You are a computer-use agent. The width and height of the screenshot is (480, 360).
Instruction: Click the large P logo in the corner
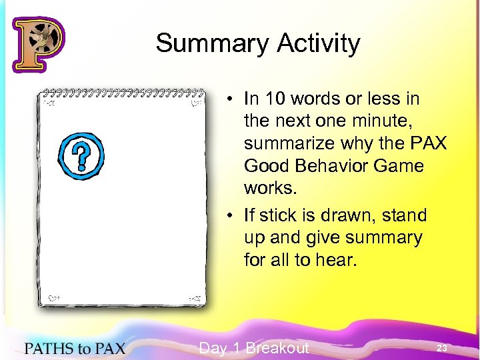38,44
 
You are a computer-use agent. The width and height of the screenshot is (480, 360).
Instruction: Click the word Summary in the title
202,44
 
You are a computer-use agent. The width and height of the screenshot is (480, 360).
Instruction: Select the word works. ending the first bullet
269,187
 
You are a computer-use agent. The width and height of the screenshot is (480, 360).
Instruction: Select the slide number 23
441,348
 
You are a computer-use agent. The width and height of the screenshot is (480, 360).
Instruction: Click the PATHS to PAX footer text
74,347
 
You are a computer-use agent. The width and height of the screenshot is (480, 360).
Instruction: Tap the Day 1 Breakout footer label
253,348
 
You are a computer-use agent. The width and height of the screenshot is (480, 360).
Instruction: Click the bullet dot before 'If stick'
228,215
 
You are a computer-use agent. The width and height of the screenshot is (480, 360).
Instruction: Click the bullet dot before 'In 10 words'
228,99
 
